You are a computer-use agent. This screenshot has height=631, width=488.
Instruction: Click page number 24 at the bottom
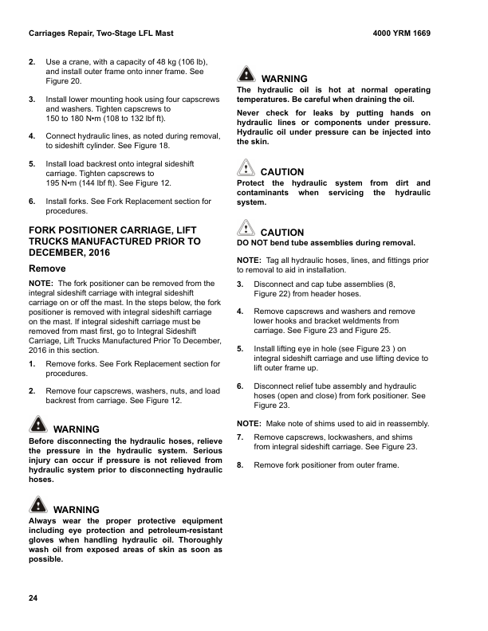click(33, 598)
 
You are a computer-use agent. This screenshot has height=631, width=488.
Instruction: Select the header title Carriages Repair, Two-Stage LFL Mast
click(100, 34)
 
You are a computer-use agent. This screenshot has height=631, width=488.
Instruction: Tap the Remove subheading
click(47, 269)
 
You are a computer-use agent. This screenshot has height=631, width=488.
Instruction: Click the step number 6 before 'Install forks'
click(31, 202)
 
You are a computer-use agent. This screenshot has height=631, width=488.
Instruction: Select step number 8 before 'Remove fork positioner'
click(240, 464)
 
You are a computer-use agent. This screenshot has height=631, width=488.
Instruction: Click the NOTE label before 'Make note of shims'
click(249, 423)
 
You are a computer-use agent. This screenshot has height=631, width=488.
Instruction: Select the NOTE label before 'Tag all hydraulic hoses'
click(249, 261)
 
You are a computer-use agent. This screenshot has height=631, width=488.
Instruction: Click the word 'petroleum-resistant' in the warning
click(177, 530)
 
